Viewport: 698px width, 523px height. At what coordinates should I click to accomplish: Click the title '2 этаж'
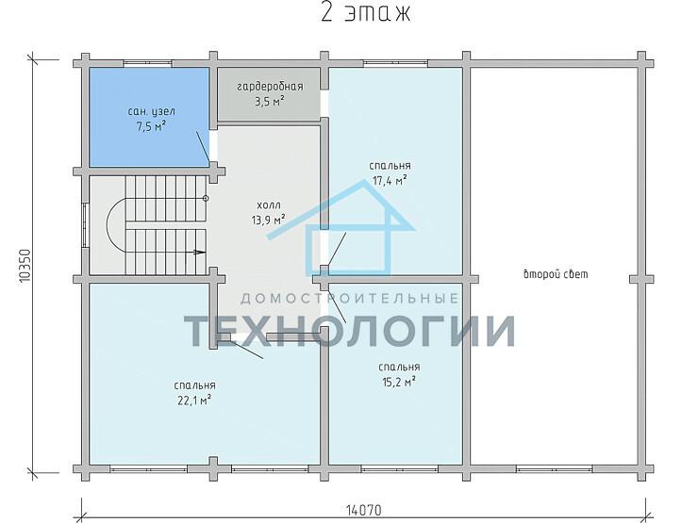point(365,12)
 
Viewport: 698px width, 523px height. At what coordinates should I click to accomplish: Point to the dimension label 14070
point(363,510)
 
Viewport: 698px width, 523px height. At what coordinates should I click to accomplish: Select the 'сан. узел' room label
point(151,111)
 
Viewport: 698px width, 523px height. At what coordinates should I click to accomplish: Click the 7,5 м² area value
point(151,127)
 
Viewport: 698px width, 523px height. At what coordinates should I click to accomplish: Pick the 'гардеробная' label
point(270,87)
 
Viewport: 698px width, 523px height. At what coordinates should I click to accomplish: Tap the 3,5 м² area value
point(270,102)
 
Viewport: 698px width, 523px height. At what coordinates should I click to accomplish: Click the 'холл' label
point(269,205)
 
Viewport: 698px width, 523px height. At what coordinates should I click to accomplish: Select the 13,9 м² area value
point(269,220)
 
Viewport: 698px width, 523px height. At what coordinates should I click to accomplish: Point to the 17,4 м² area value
point(390,181)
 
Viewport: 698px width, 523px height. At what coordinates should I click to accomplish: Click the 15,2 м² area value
point(399,382)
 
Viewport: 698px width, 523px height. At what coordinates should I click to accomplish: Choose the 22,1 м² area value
point(194,400)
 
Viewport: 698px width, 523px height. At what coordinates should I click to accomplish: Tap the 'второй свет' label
point(556,274)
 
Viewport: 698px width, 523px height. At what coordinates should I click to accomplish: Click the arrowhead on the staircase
point(200,253)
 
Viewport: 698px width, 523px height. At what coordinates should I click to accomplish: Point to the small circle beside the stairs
point(206,198)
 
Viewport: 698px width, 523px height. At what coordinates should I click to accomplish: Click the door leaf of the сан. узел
point(203,147)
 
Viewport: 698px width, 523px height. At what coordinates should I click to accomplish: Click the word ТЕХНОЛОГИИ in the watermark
point(350,331)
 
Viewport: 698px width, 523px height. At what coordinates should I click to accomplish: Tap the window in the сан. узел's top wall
point(147,63)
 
